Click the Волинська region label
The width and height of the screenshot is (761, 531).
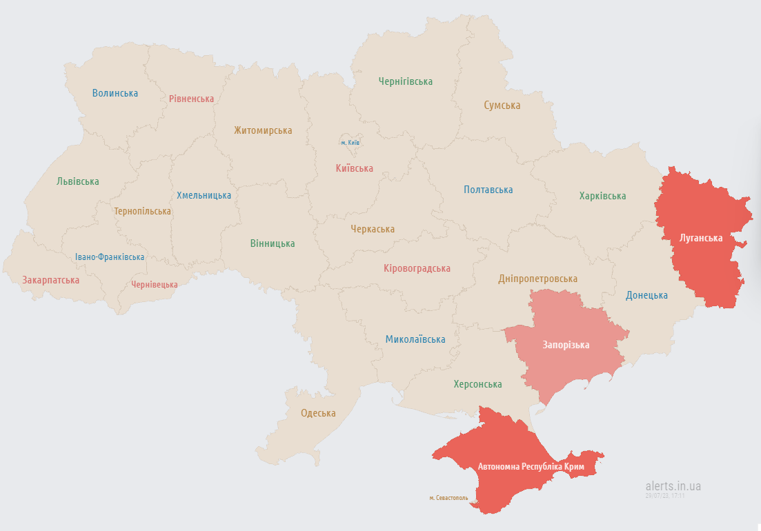pos(115,93)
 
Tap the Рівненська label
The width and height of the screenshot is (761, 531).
pos(191,99)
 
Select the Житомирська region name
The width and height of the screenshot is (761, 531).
pos(262,130)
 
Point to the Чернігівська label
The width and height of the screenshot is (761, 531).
pos(405,81)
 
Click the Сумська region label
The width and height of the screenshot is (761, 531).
pos(502,106)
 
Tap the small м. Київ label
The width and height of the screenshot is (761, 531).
pos(350,143)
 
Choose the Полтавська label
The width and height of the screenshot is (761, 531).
pos(488,190)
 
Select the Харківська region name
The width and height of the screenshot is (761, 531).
pos(602,196)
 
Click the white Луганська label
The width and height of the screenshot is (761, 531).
pos(701,238)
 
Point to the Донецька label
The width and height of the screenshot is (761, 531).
pos(646,295)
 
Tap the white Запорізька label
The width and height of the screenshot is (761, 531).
pos(566,345)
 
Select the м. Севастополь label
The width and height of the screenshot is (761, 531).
pos(448,497)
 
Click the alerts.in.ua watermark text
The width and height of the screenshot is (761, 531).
pos(673,486)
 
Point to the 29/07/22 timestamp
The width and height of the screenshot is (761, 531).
pos(664,496)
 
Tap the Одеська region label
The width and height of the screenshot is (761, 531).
pos(318,413)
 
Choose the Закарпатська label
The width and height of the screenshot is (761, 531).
pos(50,280)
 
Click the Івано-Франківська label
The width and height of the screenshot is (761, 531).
pos(110,257)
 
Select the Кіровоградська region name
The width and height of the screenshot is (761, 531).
pos(417,268)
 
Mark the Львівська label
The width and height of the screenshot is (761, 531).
pos(77,181)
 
